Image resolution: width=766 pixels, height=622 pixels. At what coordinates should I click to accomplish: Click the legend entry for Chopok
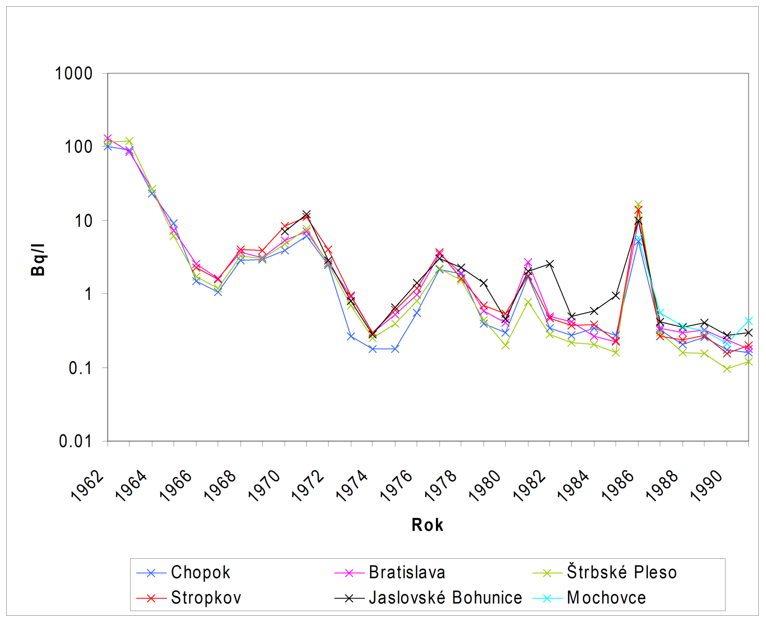click(x=200, y=572)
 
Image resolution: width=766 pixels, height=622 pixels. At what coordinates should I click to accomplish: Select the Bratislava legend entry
click(x=407, y=572)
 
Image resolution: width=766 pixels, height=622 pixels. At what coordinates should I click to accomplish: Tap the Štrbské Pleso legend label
click(x=621, y=572)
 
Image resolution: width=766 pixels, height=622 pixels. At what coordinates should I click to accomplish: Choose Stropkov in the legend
click(x=206, y=598)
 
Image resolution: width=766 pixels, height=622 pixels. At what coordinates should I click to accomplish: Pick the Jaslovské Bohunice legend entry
click(x=445, y=598)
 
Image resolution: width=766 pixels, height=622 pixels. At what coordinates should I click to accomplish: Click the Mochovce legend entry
click(x=606, y=598)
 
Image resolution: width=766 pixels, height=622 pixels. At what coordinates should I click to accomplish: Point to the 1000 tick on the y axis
click(x=74, y=74)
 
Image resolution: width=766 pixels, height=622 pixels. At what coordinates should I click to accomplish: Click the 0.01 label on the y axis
click(x=76, y=442)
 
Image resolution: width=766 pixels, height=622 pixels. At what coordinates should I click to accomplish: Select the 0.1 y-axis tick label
click(x=79, y=368)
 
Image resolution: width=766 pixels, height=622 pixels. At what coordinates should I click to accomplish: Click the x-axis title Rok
click(x=427, y=525)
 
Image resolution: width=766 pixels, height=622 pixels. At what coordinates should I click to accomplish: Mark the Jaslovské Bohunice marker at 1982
click(x=550, y=264)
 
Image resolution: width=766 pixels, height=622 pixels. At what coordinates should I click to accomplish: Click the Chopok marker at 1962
click(x=108, y=147)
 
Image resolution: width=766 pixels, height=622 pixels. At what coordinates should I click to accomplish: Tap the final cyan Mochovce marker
click(x=748, y=321)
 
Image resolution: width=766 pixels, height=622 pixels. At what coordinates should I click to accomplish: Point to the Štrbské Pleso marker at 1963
click(x=130, y=141)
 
